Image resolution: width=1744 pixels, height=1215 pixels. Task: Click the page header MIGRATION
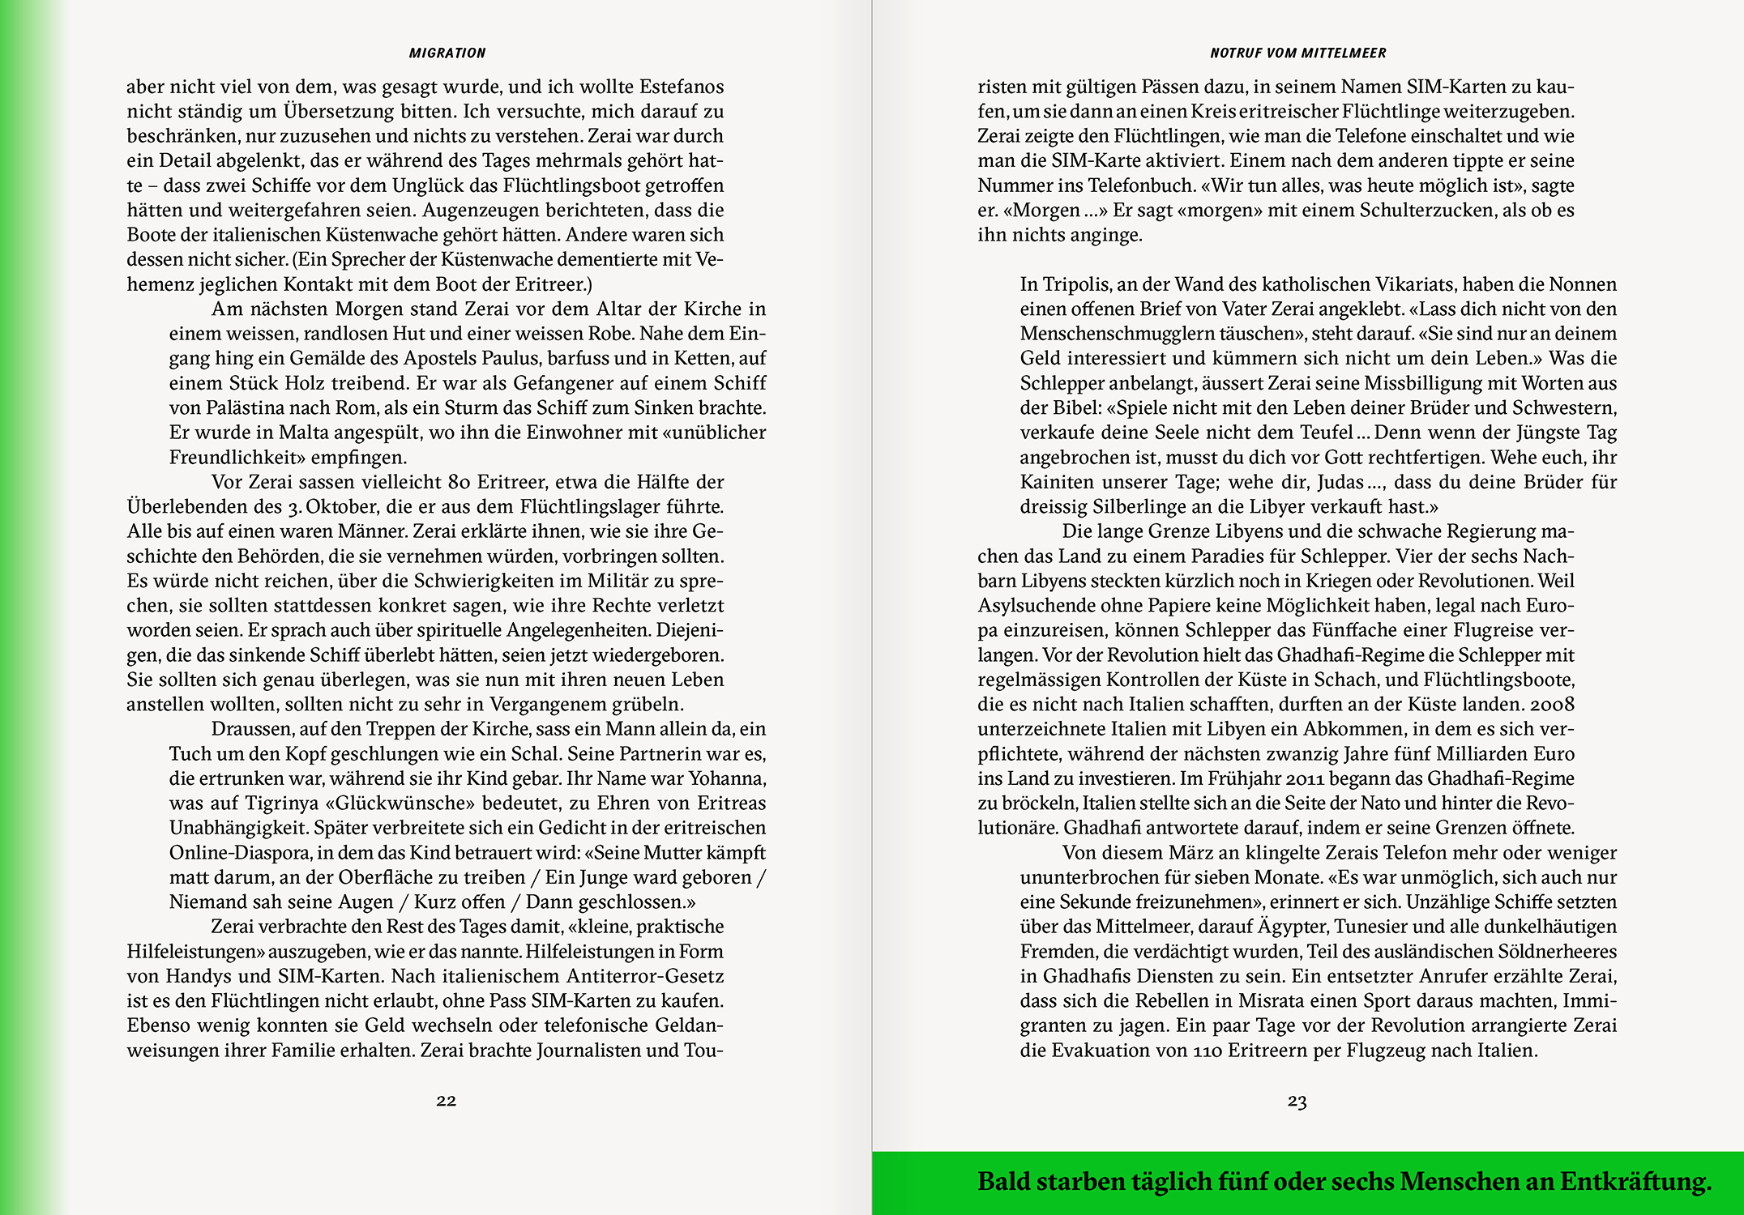click(x=447, y=53)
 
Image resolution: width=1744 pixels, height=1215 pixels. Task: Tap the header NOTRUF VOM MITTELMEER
click(x=1297, y=53)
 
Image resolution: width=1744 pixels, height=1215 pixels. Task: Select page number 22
click(x=447, y=1100)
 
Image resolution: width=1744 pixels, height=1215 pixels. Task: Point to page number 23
click(x=1297, y=1101)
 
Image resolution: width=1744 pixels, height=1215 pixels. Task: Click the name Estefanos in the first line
click(x=681, y=87)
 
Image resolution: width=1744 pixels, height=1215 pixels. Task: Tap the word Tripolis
click(x=1075, y=284)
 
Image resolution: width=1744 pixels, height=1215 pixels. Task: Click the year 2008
click(x=1552, y=705)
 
